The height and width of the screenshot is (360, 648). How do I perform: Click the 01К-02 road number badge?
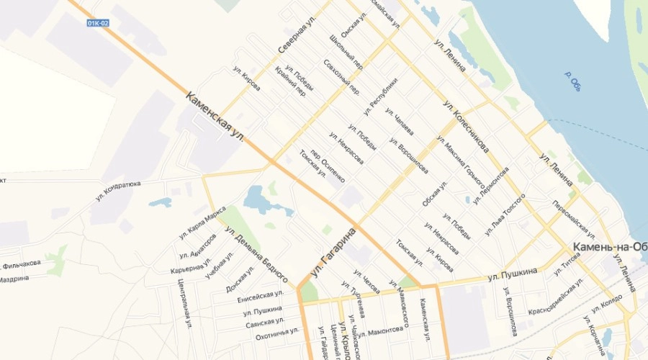[x=98, y=23]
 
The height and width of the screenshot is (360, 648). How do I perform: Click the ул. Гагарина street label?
[x=335, y=253]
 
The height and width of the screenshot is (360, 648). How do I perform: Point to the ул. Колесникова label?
[x=467, y=126]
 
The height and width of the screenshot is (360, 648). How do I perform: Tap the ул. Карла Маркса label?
[x=202, y=222]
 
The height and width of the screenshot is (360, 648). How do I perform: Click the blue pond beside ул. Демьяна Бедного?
[x=257, y=198]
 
